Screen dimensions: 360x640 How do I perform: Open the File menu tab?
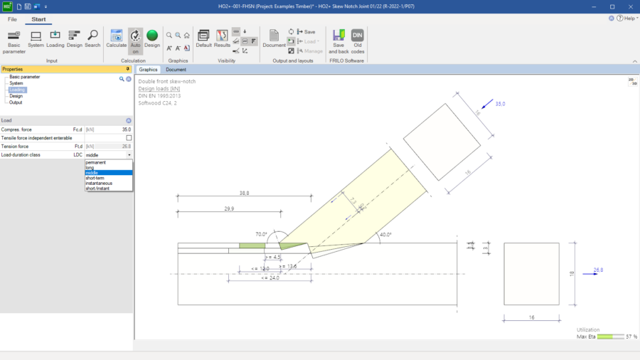pos(12,19)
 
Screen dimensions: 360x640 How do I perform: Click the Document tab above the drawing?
pos(176,70)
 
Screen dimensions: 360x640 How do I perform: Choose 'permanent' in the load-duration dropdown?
pos(96,162)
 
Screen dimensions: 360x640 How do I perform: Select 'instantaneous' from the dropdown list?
pos(99,183)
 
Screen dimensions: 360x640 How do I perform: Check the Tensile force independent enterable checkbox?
pos(129,138)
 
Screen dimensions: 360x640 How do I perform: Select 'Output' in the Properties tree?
pos(16,102)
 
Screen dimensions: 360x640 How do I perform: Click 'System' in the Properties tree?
pos(16,83)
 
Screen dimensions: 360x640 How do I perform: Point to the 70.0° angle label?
pos(261,234)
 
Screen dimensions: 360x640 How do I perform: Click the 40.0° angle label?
pos(385,235)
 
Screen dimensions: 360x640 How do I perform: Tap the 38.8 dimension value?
pos(244,193)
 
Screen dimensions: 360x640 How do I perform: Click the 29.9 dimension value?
pos(228,209)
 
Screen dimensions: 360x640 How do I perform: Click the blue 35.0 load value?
pos(500,104)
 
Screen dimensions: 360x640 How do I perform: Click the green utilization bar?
pos(609,337)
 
